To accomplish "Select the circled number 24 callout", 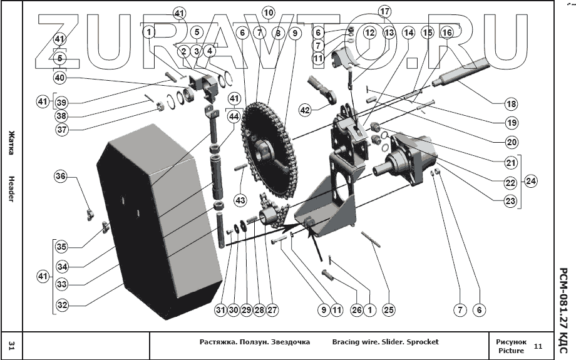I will coord(531,182).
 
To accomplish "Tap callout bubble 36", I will coord(60,177).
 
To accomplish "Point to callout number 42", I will coord(305,110).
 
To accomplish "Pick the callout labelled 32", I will coord(61,306).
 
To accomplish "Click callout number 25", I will coord(389,309).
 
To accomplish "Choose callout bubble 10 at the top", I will coord(269,12).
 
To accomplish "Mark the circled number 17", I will coord(384,11).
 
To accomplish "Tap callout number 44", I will coord(234,116).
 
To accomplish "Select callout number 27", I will coord(272,309).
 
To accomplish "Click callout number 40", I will coord(59,78).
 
